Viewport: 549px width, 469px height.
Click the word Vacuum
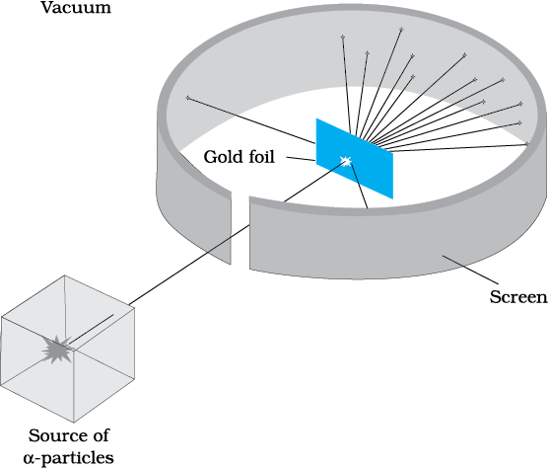point(76,7)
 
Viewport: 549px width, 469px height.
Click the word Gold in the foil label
point(224,156)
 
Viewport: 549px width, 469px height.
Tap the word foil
point(261,156)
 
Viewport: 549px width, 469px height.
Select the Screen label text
point(518,297)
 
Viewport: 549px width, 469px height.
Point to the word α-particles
point(69,458)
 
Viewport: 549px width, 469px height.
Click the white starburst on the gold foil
point(346,161)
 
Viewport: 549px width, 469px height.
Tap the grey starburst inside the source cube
point(57,350)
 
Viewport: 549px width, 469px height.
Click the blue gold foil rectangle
point(355,159)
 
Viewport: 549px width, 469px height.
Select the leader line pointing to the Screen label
point(470,270)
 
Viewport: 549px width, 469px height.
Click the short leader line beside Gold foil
point(301,159)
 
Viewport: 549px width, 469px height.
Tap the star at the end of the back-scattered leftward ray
point(188,98)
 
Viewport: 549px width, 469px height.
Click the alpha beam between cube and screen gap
point(189,265)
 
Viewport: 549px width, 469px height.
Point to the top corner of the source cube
point(64,275)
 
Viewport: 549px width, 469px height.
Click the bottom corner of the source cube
point(74,423)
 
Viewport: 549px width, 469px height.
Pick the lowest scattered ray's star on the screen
point(527,144)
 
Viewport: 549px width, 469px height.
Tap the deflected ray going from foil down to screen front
point(359,186)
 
